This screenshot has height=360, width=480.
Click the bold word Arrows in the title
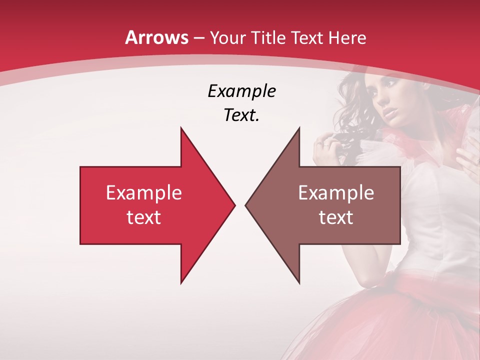157,37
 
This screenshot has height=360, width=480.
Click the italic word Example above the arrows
241,91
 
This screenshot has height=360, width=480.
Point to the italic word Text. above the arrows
241,115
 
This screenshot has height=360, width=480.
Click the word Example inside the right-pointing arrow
144,193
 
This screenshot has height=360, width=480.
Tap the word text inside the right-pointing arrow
144,217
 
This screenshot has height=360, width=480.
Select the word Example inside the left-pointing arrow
336,193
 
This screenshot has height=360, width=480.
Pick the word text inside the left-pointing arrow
336,217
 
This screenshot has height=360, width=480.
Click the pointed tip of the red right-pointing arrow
235,205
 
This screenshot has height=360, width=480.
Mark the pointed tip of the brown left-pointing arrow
245,205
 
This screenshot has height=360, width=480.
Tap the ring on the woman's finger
326,144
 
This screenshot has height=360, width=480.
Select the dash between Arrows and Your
198,38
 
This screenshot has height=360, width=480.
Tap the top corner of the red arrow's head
181,127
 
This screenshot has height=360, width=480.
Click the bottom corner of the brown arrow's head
299,283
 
